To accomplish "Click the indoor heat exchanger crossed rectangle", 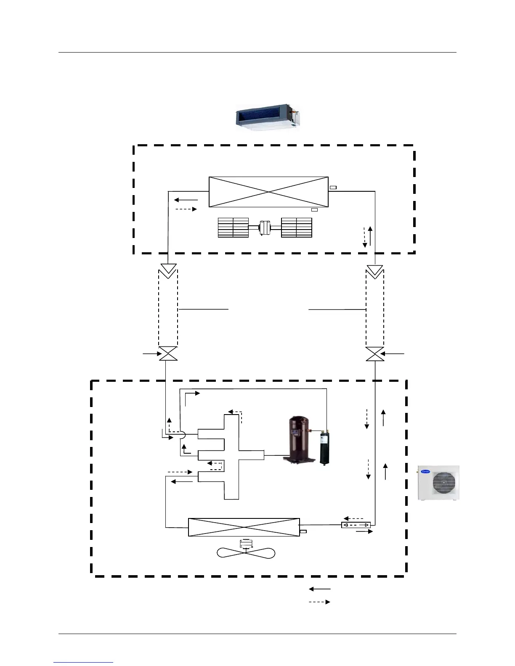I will [268, 192].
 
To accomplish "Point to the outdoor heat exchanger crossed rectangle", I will [244, 527].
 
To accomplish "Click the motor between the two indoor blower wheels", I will [265, 227].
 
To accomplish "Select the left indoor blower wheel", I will [233, 227].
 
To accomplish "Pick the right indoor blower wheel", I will [297, 227].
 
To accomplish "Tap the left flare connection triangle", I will [168, 270].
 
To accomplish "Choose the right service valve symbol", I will [374, 354].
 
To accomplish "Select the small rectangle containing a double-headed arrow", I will [356, 525].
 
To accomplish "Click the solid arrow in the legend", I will [320, 589].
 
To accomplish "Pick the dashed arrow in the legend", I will [320, 602].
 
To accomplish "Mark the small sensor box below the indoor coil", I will [314, 209].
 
